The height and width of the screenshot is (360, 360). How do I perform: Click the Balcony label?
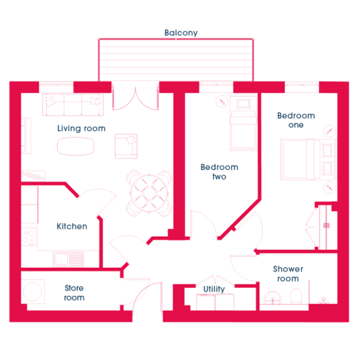181,32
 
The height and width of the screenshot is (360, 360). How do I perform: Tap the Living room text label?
81,128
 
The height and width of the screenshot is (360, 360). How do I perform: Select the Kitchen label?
72,226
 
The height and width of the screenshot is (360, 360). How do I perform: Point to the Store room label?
74,293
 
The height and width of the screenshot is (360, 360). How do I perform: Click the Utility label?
214,289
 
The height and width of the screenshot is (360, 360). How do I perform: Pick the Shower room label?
288,274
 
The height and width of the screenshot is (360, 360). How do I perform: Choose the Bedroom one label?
296,120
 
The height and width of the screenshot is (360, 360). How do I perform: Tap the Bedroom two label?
220,172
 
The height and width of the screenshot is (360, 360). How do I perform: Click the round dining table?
149,194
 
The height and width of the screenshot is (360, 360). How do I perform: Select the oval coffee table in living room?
76,146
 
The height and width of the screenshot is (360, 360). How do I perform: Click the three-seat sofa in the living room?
73,105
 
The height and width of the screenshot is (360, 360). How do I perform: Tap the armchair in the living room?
126,146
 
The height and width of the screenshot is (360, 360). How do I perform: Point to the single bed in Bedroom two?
243,122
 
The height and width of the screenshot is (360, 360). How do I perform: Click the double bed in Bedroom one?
308,159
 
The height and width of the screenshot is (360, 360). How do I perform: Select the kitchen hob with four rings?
29,237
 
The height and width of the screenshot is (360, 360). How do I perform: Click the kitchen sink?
68,258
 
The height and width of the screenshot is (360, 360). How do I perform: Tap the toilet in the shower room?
296,297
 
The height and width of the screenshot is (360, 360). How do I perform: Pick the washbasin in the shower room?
273,298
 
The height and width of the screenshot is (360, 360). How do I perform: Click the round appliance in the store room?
33,292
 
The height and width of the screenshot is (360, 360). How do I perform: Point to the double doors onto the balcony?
135,99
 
